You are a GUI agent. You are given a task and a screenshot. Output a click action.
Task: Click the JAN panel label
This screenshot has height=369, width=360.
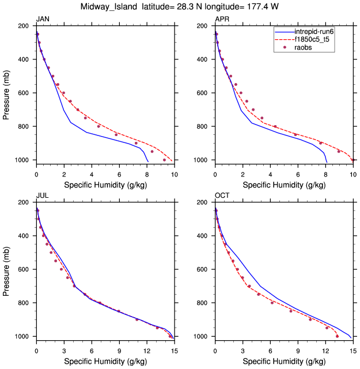tap(43, 20)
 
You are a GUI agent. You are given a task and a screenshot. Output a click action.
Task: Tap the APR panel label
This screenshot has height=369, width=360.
tap(222, 20)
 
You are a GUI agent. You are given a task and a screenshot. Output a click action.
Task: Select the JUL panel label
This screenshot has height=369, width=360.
tap(42, 196)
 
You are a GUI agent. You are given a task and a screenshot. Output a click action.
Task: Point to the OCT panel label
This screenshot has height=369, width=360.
tap(222, 196)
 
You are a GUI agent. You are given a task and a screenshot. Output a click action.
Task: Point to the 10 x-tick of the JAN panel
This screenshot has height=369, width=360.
tap(175, 174)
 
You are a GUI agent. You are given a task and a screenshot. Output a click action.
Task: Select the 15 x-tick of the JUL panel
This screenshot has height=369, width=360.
tap(175, 350)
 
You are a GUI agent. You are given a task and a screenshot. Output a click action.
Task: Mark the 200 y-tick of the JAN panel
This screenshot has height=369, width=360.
tap(25, 27)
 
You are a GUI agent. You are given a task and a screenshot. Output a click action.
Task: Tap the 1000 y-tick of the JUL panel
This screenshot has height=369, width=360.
tap(23, 337)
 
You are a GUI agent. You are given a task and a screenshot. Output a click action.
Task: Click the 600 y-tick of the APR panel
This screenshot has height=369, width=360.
tap(204, 93)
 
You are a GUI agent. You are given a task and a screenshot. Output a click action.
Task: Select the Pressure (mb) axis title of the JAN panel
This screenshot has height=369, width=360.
tap(6, 93)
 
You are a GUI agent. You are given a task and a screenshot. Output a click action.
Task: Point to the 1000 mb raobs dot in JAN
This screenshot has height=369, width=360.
tap(165, 160)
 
